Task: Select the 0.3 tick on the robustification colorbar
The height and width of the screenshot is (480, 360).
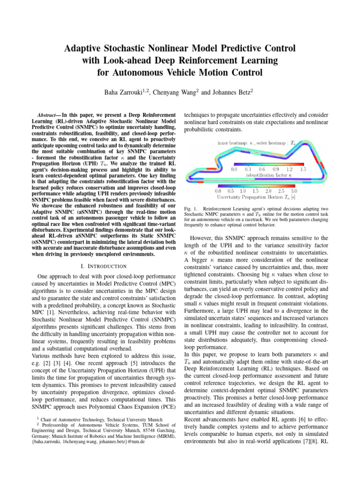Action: pyautogui.click(x=248, y=168)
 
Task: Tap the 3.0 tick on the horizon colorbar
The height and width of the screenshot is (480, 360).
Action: pyautogui.click(x=294, y=191)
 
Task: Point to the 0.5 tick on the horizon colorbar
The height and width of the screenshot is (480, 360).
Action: pyautogui.click(x=231, y=191)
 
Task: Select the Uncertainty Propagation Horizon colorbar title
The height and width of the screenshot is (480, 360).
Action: pyautogui.click(x=256, y=198)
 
